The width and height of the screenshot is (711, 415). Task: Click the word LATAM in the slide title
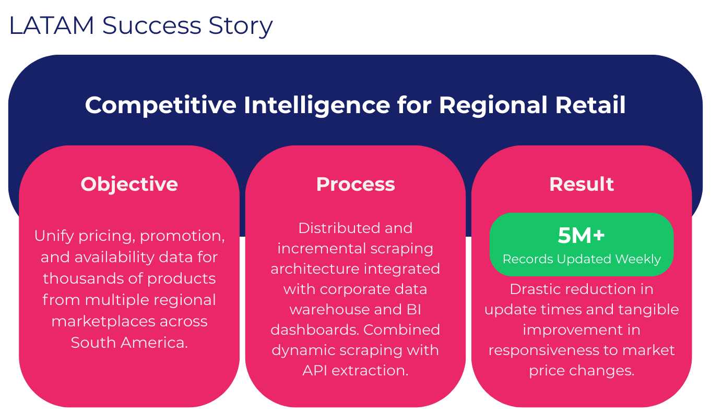coord(51,26)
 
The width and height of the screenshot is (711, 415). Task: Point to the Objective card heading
coord(129,184)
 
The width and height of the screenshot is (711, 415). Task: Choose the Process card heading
coord(355,184)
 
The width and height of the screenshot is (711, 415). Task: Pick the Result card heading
coord(582,184)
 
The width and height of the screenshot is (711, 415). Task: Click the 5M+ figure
coord(582,236)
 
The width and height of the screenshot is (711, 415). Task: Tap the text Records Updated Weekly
coord(582,259)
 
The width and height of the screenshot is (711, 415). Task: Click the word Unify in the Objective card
coord(54,236)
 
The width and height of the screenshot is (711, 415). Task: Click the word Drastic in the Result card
coord(535,289)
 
